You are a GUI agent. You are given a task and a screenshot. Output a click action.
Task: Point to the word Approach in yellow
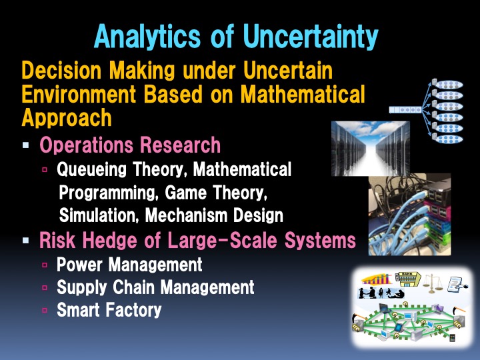coord(67,118)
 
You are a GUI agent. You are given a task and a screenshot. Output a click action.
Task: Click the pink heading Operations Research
coord(130,145)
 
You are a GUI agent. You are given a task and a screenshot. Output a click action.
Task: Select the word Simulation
coord(99,216)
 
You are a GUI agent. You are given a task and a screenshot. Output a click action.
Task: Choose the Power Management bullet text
coord(129,265)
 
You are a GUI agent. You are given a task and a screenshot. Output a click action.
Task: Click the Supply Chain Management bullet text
coord(155,287)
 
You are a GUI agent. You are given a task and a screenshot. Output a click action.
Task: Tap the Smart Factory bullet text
coord(109,310)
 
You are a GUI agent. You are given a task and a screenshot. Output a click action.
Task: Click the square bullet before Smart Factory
coord(45,311)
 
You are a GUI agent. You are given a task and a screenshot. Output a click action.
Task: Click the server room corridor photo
coord(371,148)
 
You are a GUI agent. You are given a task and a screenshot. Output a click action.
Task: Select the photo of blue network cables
coord(409,209)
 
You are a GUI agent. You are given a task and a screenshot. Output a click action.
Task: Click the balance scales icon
coord(431,283)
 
